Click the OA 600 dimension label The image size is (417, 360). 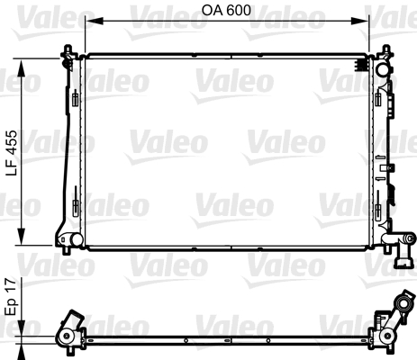pos(226,10)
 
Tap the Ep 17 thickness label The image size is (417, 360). pos(11,296)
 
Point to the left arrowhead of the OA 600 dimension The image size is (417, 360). pos(95,21)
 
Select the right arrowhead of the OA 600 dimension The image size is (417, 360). pos(360,21)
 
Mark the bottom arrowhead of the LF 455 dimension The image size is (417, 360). pos(21,237)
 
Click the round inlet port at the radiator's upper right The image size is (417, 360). pos(384,69)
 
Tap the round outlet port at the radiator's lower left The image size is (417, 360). pos(76,239)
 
